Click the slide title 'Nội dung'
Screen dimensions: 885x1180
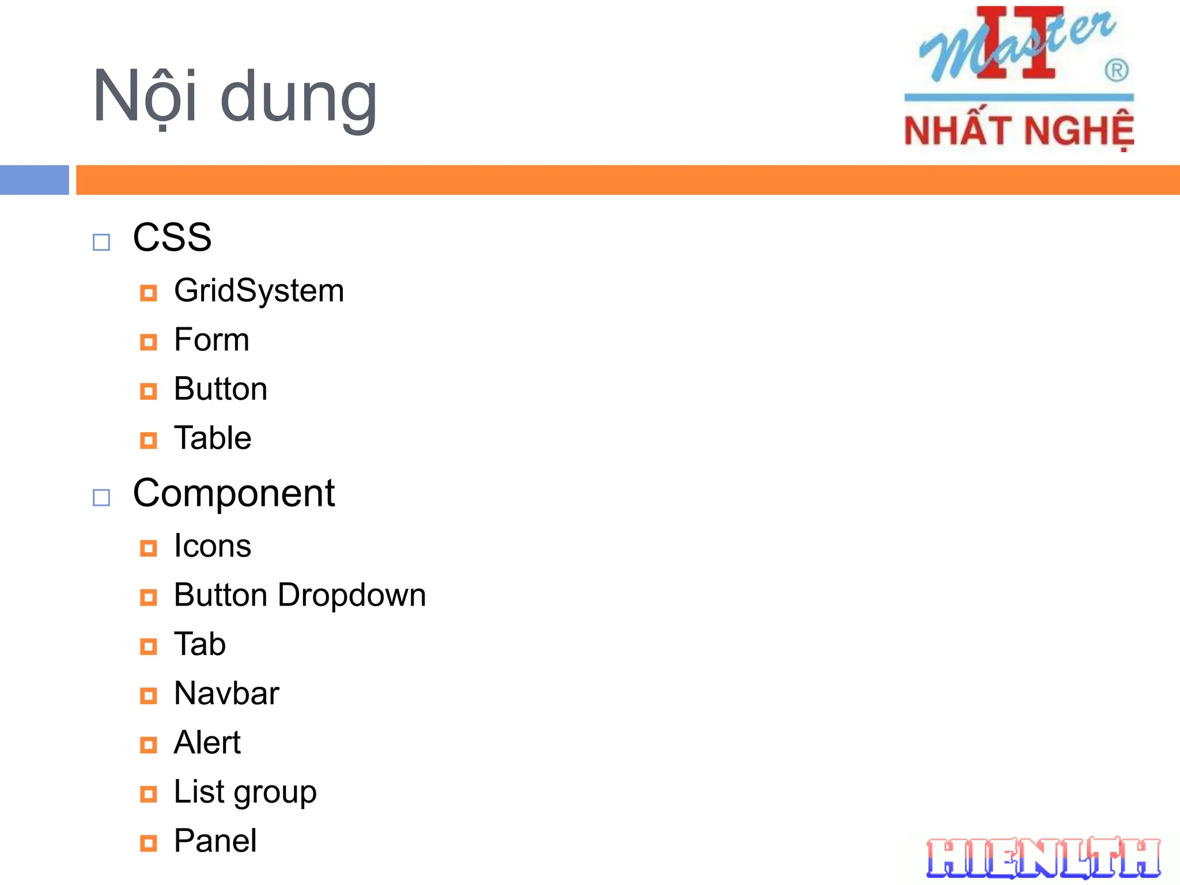pos(235,97)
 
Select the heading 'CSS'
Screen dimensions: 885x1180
pos(172,237)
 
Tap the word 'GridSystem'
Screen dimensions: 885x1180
pos(259,290)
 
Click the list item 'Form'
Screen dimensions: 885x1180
pos(211,339)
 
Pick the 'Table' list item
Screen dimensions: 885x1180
pos(213,438)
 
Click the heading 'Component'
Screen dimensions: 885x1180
pos(233,493)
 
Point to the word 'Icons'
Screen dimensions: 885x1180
pos(213,546)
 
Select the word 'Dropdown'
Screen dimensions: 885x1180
pos(351,595)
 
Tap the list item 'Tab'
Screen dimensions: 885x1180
pos(199,644)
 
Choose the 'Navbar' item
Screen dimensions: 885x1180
pos(226,693)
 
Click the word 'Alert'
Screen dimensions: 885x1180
pos(207,742)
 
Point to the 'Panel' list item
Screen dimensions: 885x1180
pos(215,841)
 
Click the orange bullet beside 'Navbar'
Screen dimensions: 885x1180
pos(148,696)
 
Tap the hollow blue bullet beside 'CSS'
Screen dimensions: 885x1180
pos(101,242)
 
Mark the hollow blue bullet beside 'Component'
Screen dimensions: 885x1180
pos(101,497)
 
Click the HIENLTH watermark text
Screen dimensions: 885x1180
pos(1043,858)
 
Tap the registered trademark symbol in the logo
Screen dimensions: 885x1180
pos(1116,71)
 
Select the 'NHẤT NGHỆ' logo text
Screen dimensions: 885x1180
pos(1019,130)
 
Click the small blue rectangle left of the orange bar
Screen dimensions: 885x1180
pos(34,180)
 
